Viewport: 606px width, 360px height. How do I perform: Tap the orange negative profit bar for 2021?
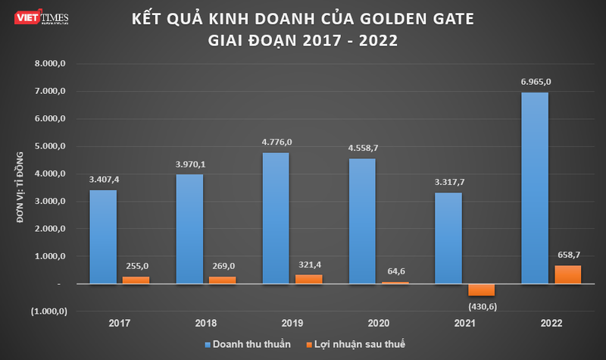(x=482, y=290)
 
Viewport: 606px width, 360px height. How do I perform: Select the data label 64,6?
(x=395, y=270)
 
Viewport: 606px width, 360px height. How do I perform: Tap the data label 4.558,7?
(x=362, y=149)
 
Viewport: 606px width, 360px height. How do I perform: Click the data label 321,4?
(x=308, y=263)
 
